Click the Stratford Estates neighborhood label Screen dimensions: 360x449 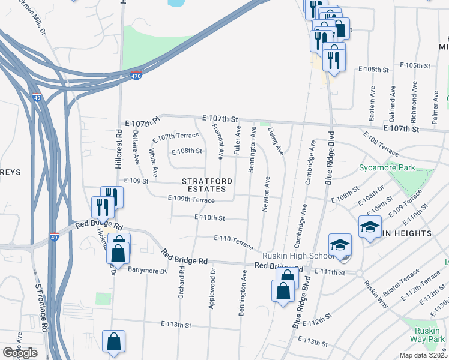tap(204, 185)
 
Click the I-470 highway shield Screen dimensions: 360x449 tap(136, 76)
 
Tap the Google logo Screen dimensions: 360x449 tap(20, 353)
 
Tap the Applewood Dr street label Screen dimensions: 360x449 tap(211, 289)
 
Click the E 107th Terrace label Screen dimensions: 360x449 tap(176, 137)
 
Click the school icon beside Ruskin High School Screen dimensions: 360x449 tap(340, 245)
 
